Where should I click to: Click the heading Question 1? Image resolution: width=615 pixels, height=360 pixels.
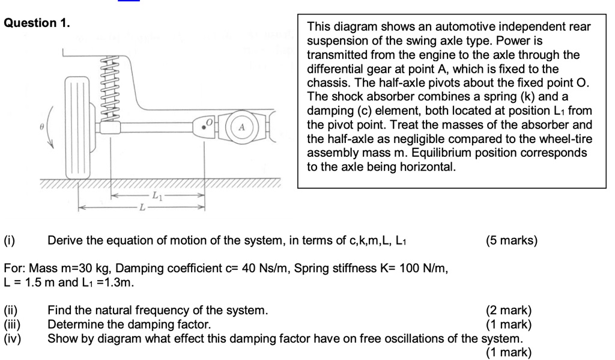tap(37, 23)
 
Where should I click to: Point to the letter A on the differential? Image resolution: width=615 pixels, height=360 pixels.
tap(241, 127)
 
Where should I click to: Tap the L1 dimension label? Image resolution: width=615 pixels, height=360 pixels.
tap(157, 195)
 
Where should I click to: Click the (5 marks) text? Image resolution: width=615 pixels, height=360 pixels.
tap(512, 242)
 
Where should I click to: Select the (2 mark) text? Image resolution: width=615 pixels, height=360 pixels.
tap(508, 311)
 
